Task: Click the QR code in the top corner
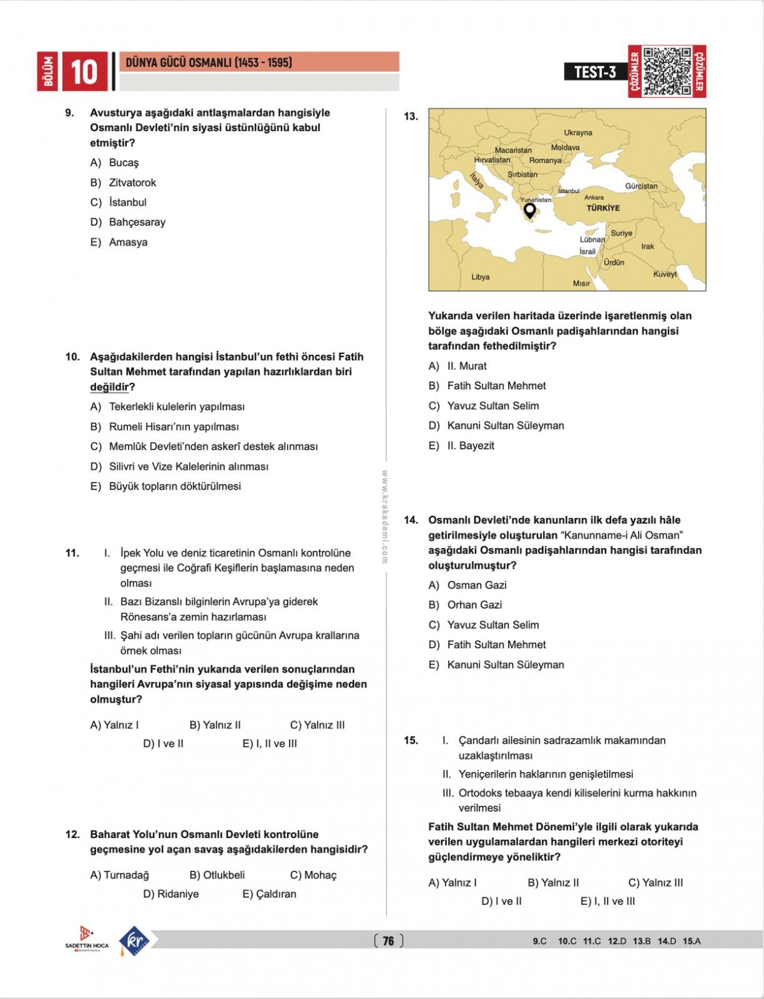[x=667, y=71]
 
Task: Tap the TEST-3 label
[x=595, y=72]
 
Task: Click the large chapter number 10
[x=83, y=71]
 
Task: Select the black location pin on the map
[x=529, y=210]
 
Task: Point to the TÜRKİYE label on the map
[x=603, y=208]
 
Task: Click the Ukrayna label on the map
[x=577, y=132]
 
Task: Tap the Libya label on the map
[x=480, y=277]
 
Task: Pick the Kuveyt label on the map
[x=665, y=274]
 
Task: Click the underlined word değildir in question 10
[x=109, y=387]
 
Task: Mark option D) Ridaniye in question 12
[x=171, y=894]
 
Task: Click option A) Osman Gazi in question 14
[x=467, y=585]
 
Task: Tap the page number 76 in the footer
[x=388, y=940]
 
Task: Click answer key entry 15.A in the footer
[x=691, y=941]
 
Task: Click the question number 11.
[x=72, y=553]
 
